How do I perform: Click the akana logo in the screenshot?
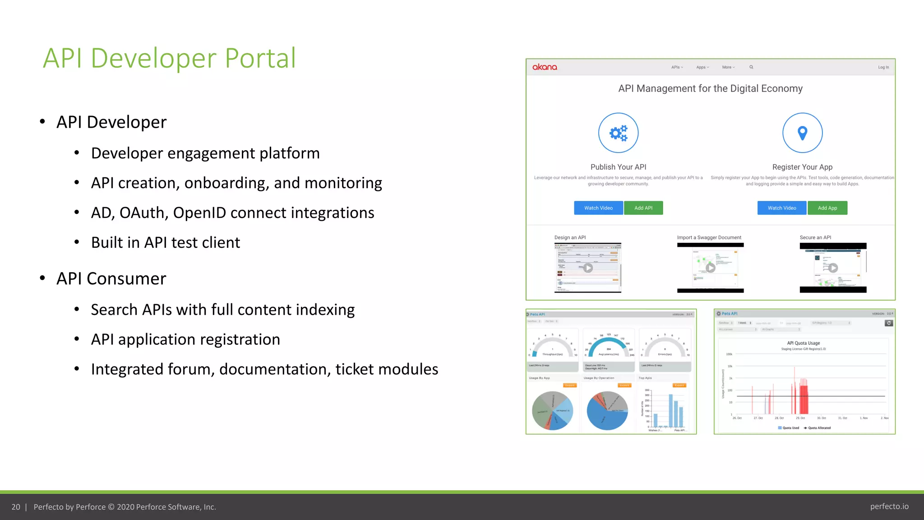coord(545,67)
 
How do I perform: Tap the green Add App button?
coord(827,208)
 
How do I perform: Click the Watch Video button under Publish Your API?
coord(598,208)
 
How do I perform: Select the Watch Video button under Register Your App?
coord(781,208)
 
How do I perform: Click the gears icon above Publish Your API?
coord(618,133)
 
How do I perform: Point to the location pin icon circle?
coord(802,133)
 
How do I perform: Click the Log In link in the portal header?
coord(883,67)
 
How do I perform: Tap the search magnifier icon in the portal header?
coord(751,67)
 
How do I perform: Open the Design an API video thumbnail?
coord(587,268)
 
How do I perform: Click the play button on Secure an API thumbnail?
coord(833,268)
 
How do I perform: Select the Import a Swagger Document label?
coord(709,237)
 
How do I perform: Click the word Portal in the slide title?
coord(260,58)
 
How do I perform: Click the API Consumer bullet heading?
coord(111,279)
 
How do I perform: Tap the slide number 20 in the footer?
coord(16,507)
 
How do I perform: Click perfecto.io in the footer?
coord(889,506)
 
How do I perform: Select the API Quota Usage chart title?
coord(803,343)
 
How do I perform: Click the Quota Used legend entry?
coord(790,428)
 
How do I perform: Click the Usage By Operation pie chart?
coord(607,410)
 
